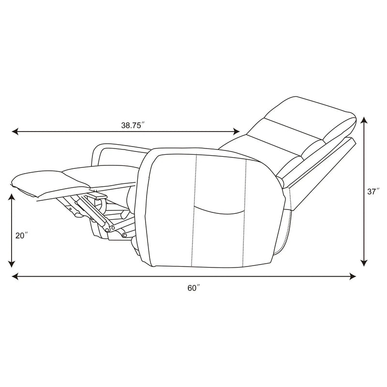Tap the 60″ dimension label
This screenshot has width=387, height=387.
coord(193,288)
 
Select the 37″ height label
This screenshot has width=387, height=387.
coord(373,192)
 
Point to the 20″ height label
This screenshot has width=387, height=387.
coord(21,236)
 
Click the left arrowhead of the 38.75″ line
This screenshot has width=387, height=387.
coord(15,132)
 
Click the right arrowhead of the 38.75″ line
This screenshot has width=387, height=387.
coord(236,132)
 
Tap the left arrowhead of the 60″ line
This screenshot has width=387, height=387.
coord(15,276)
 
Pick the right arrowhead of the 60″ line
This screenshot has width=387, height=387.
coord(352,276)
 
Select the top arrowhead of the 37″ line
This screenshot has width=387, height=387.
coord(364,120)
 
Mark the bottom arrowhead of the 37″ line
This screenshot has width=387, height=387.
coord(364,263)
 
